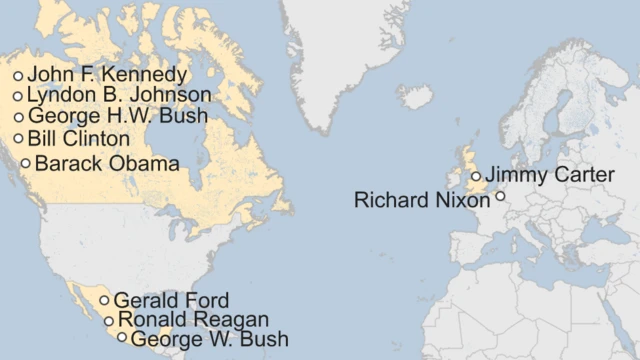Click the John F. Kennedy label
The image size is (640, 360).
(x=107, y=75)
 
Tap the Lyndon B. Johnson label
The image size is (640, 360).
(x=119, y=96)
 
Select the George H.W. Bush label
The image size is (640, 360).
(x=118, y=117)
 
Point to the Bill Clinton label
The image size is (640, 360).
(x=79, y=139)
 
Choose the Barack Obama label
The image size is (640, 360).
(x=107, y=163)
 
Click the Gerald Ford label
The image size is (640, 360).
(x=171, y=300)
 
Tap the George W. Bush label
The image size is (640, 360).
(x=210, y=339)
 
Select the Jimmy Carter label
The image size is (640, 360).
(x=550, y=176)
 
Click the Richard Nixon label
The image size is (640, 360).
(x=422, y=201)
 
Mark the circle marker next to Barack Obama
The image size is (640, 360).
(x=26, y=163)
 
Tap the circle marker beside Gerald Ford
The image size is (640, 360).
(x=104, y=300)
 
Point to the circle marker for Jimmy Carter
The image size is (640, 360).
(x=476, y=176)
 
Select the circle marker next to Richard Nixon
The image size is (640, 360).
(x=500, y=197)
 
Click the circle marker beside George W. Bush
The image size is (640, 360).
(x=122, y=338)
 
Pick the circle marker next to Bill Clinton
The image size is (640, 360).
(x=18, y=139)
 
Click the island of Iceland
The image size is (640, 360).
(x=415, y=97)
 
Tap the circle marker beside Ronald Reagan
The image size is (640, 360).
(x=109, y=321)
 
